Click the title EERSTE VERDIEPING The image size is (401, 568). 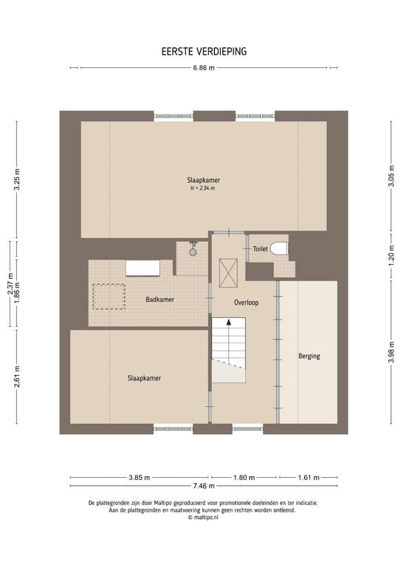[x=204, y=52]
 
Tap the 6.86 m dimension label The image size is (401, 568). [x=204, y=68]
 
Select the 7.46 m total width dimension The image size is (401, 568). [x=204, y=486]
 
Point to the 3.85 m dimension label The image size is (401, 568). [x=140, y=478]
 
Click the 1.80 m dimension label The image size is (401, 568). [x=244, y=478]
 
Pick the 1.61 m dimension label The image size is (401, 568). [x=309, y=478]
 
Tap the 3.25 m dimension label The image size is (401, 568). [x=17, y=179]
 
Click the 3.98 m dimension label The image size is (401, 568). [x=391, y=353]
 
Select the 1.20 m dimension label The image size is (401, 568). [x=391, y=256]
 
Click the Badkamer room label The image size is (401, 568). [x=160, y=300]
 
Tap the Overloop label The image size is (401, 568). [x=246, y=302]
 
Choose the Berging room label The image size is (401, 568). [x=309, y=356]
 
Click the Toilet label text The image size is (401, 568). [x=261, y=248]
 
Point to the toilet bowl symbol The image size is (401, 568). [x=279, y=248]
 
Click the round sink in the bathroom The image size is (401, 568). [x=193, y=252]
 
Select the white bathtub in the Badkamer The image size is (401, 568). [x=143, y=268]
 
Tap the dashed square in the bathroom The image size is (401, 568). [x=109, y=297]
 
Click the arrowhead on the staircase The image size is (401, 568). [x=228, y=322]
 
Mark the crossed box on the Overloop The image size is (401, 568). [x=228, y=273]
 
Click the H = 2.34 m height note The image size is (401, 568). [x=203, y=189]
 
